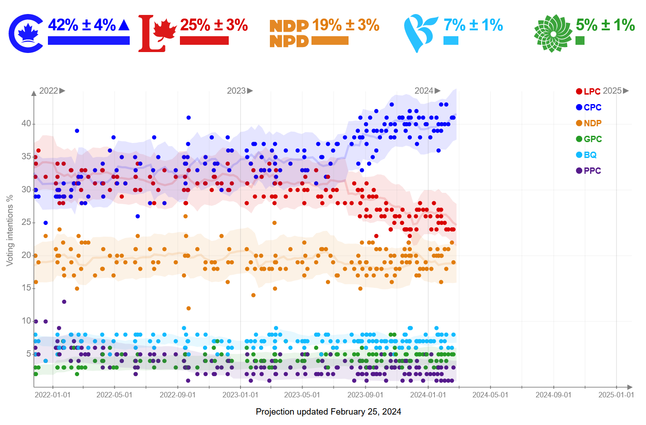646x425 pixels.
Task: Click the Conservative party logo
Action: pos(26,33)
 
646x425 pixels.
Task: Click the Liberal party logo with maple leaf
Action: pos(156,33)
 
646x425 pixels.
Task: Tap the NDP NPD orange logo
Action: pos(289,33)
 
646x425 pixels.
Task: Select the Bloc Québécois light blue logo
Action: pos(420,33)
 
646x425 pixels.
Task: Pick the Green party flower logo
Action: pos(552,33)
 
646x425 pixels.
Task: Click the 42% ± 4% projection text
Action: pos(82,25)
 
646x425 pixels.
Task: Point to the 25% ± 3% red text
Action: pos(214,25)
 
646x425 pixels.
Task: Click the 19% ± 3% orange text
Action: pos(345,25)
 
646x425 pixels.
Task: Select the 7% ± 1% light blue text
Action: pos(473,25)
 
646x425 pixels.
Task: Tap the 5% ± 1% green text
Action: pos(605,25)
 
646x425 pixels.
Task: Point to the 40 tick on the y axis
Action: pos(26,124)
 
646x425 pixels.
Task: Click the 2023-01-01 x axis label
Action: pos(240,395)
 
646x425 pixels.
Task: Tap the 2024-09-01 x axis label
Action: pos(553,395)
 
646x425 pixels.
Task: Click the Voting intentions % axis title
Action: pos(9,230)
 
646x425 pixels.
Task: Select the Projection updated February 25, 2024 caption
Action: pos(328,411)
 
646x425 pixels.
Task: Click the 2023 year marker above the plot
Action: pos(236,91)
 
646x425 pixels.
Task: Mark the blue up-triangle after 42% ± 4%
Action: pos(124,25)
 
